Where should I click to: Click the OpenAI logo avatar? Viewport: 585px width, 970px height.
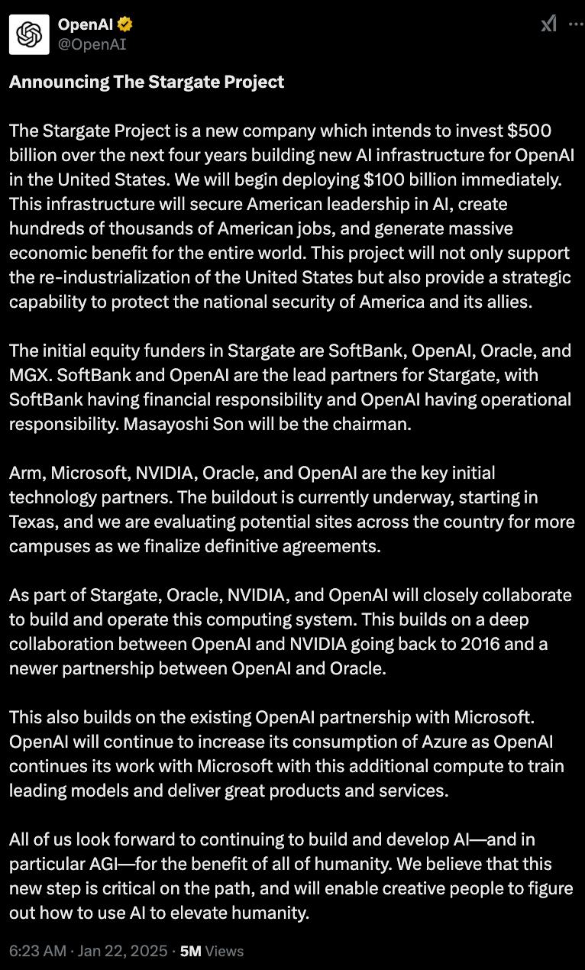(x=29, y=35)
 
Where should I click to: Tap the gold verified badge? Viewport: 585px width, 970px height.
(x=125, y=25)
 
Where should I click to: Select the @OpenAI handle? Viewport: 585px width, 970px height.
(x=92, y=44)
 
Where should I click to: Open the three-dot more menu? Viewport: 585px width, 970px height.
(x=575, y=24)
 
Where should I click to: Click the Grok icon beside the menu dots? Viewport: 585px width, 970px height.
(x=549, y=24)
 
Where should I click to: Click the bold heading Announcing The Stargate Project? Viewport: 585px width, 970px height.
(x=147, y=82)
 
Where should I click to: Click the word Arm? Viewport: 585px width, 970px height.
(x=26, y=473)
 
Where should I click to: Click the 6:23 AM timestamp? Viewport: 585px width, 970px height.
(x=37, y=951)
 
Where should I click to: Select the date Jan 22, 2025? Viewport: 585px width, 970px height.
(x=122, y=951)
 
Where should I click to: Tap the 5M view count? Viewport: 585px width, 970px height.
(x=190, y=951)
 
